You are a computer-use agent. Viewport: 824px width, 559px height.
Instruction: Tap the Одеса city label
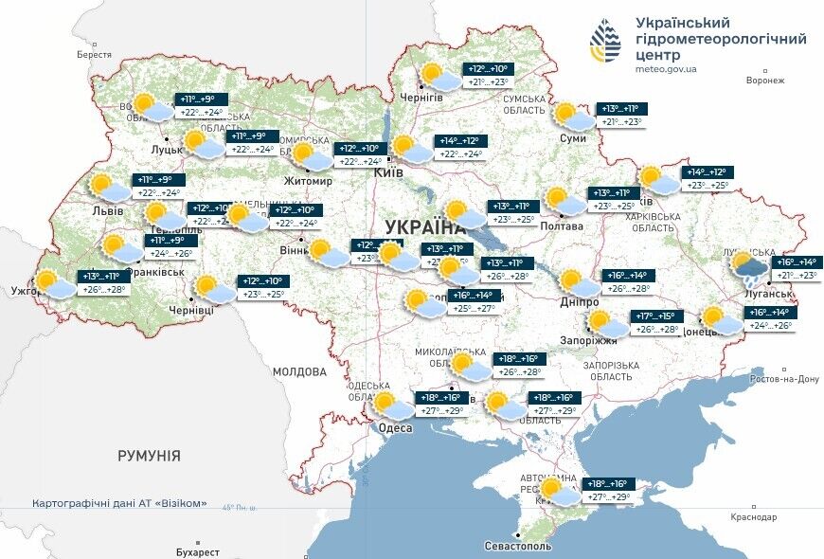click(395, 428)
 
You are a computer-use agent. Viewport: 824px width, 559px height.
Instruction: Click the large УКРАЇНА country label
click(424, 226)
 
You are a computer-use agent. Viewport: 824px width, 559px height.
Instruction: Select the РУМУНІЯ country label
click(149, 456)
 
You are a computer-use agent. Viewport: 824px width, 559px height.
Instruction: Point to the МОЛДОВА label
click(299, 372)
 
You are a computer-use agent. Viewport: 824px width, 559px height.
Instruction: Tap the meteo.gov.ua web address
click(667, 69)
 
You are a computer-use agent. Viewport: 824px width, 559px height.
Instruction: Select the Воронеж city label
click(765, 81)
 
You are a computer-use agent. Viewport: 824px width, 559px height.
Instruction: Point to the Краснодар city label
click(754, 517)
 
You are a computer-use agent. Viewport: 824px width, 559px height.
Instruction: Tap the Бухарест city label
click(197, 551)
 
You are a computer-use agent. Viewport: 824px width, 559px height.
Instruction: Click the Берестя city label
click(94, 55)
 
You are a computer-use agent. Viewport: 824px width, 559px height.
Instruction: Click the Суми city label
click(573, 138)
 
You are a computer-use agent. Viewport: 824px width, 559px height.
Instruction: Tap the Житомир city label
click(308, 181)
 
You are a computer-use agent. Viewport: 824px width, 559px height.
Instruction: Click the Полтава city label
click(562, 226)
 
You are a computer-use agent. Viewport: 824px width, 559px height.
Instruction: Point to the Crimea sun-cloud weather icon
click(558, 491)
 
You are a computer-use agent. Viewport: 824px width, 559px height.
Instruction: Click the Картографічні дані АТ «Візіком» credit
click(119, 503)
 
